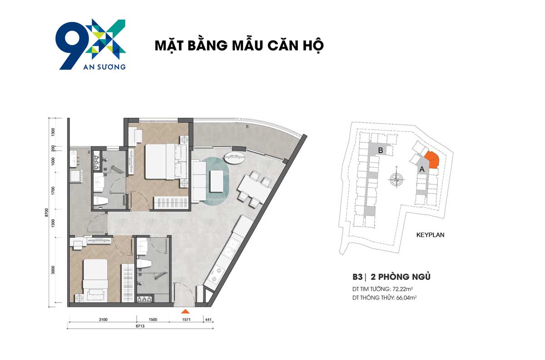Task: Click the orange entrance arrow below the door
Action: [x=185, y=311]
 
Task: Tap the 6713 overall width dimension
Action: [x=139, y=325]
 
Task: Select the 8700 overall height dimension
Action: [x=47, y=211]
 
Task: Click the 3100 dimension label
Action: [x=103, y=320]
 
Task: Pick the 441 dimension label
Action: [x=209, y=320]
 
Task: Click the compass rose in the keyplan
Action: [x=397, y=180]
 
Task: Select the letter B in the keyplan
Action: [x=381, y=150]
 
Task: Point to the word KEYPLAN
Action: [x=430, y=235]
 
